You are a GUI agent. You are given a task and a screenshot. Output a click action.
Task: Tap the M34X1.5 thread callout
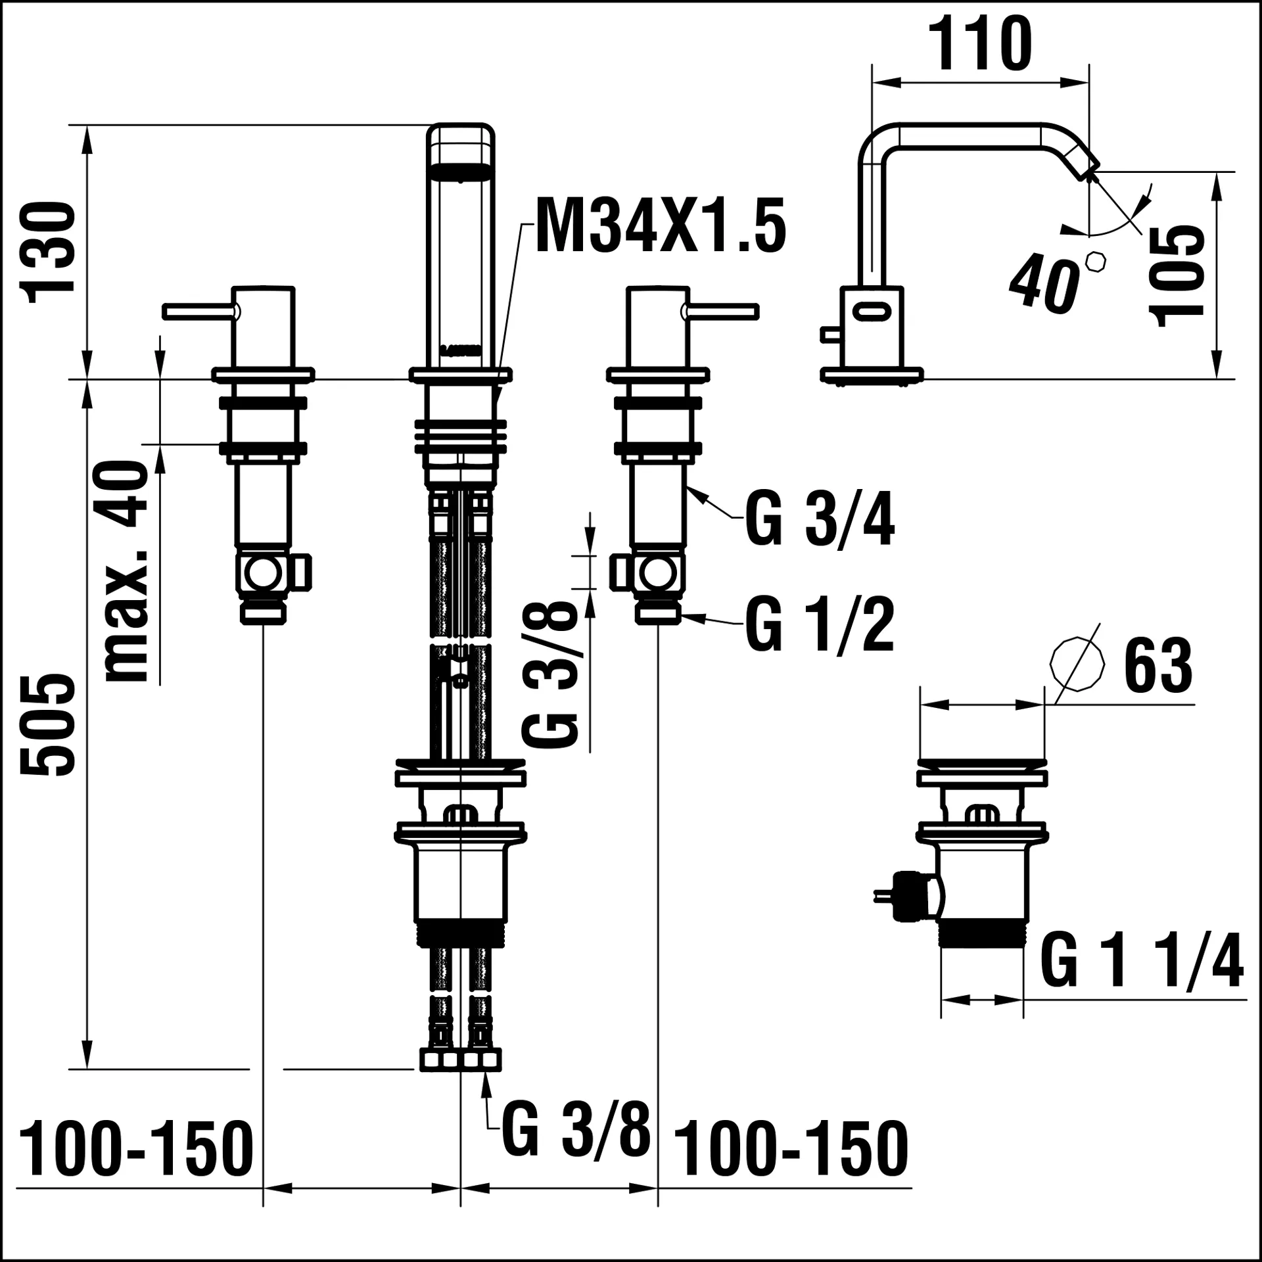661,225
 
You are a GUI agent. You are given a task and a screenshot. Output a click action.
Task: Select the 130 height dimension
48,252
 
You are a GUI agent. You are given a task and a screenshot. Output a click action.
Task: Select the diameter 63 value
1158,666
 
